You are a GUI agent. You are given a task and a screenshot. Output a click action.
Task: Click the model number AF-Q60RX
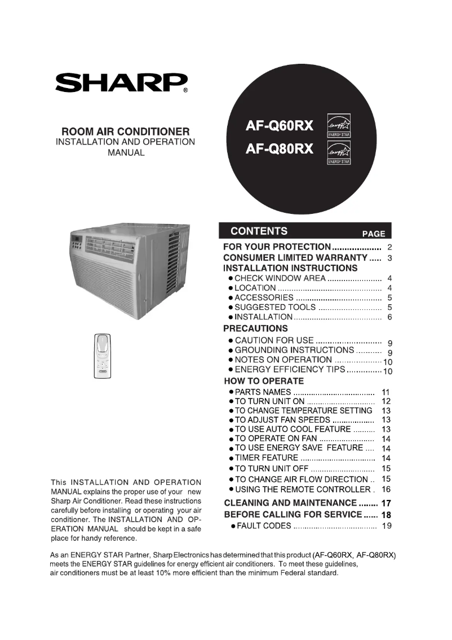point(280,126)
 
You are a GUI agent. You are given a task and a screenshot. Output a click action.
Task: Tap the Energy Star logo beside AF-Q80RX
point(339,152)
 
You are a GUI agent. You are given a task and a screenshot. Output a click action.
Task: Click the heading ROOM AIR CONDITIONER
point(125,131)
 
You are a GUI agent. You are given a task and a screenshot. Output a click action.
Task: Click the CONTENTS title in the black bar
point(259,231)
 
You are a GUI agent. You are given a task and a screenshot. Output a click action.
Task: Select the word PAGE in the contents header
point(373,234)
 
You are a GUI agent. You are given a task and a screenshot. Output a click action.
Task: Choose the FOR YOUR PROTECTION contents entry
point(277,247)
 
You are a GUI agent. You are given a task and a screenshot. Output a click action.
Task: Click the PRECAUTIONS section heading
point(255,328)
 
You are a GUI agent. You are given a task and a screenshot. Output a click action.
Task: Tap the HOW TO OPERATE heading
point(263,381)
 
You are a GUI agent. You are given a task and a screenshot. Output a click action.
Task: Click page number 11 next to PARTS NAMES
point(386,392)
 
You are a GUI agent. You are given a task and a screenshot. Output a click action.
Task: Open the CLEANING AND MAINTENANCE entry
point(290,503)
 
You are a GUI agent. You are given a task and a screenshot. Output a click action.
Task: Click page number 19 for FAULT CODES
point(386,526)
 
